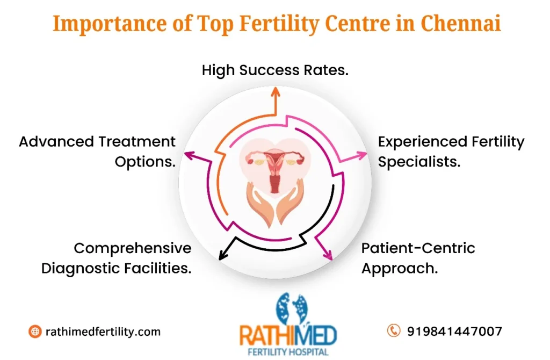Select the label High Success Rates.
[275, 70]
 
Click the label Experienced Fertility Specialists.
[451, 152]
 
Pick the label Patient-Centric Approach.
[418, 258]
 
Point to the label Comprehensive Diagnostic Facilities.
[117, 258]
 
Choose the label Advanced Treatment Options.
[97, 152]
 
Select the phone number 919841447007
[454, 331]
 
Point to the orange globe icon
[35, 332]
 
